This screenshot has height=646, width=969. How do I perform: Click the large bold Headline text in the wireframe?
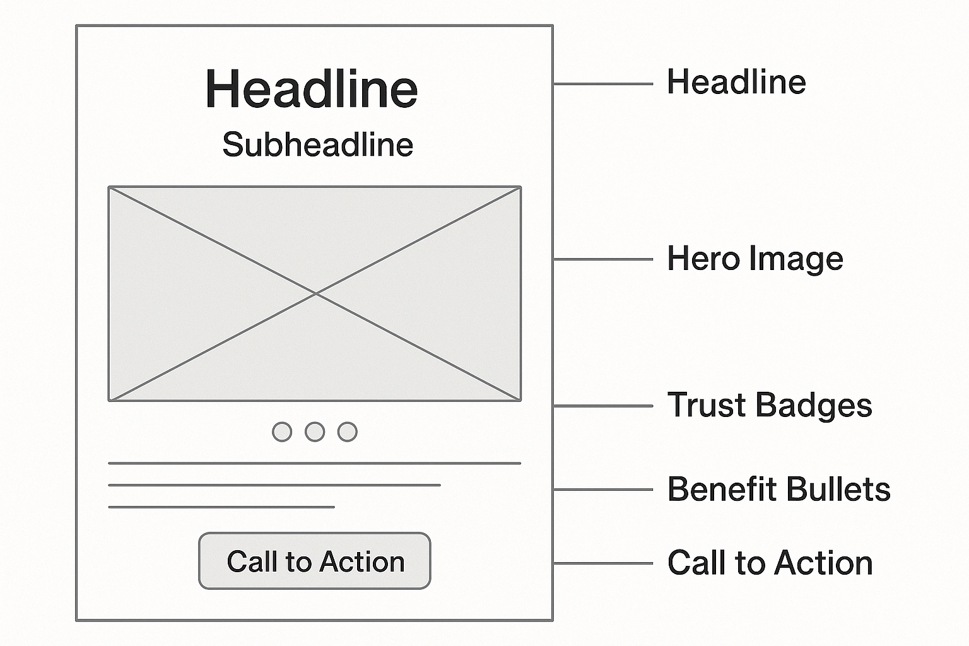pyautogui.click(x=312, y=89)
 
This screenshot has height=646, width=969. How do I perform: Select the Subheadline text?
pyautogui.click(x=317, y=145)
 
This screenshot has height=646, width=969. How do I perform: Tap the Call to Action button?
pyautogui.click(x=315, y=561)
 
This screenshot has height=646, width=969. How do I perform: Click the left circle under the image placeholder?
pyautogui.click(x=282, y=432)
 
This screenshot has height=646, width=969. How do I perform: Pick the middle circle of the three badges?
pyautogui.click(x=315, y=432)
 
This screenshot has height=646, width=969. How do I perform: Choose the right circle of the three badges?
pyautogui.click(x=348, y=432)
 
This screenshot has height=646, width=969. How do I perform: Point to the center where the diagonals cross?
pyautogui.click(x=315, y=293)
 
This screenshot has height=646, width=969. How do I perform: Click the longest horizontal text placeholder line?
pyautogui.click(x=314, y=463)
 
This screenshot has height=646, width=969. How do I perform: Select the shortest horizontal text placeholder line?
pyautogui.click(x=221, y=507)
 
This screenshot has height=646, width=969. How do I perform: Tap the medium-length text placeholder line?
pyautogui.click(x=274, y=485)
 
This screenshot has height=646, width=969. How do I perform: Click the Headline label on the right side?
pyautogui.click(x=736, y=83)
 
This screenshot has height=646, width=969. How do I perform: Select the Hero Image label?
pyautogui.click(x=755, y=259)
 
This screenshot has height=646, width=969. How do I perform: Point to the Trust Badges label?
pyautogui.click(x=769, y=405)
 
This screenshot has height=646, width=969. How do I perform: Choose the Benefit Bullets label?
pyautogui.click(x=778, y=490)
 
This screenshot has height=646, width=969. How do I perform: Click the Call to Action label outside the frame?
pyautogui.click(x=770, y=563)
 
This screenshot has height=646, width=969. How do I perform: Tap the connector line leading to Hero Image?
pyautogui.click(x=603, y=259)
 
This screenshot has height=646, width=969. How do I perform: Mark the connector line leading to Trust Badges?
pyautogui.click(x=603, y=406)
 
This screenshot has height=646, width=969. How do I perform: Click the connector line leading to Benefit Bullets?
pyautogui.click(x=603, y=490)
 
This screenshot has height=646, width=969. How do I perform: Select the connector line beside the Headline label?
pyautogui.click(x=603, y=84)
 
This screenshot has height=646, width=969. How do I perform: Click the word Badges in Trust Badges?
pyautogui.click(x=813, y=405)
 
